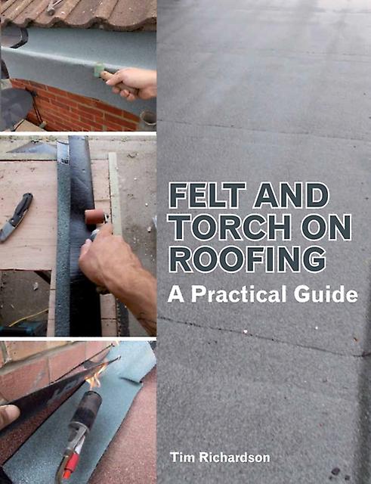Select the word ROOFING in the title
247,260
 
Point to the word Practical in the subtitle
240,294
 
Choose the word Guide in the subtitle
326,294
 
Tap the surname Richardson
234,457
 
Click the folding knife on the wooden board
17,216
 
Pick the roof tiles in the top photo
79,13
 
